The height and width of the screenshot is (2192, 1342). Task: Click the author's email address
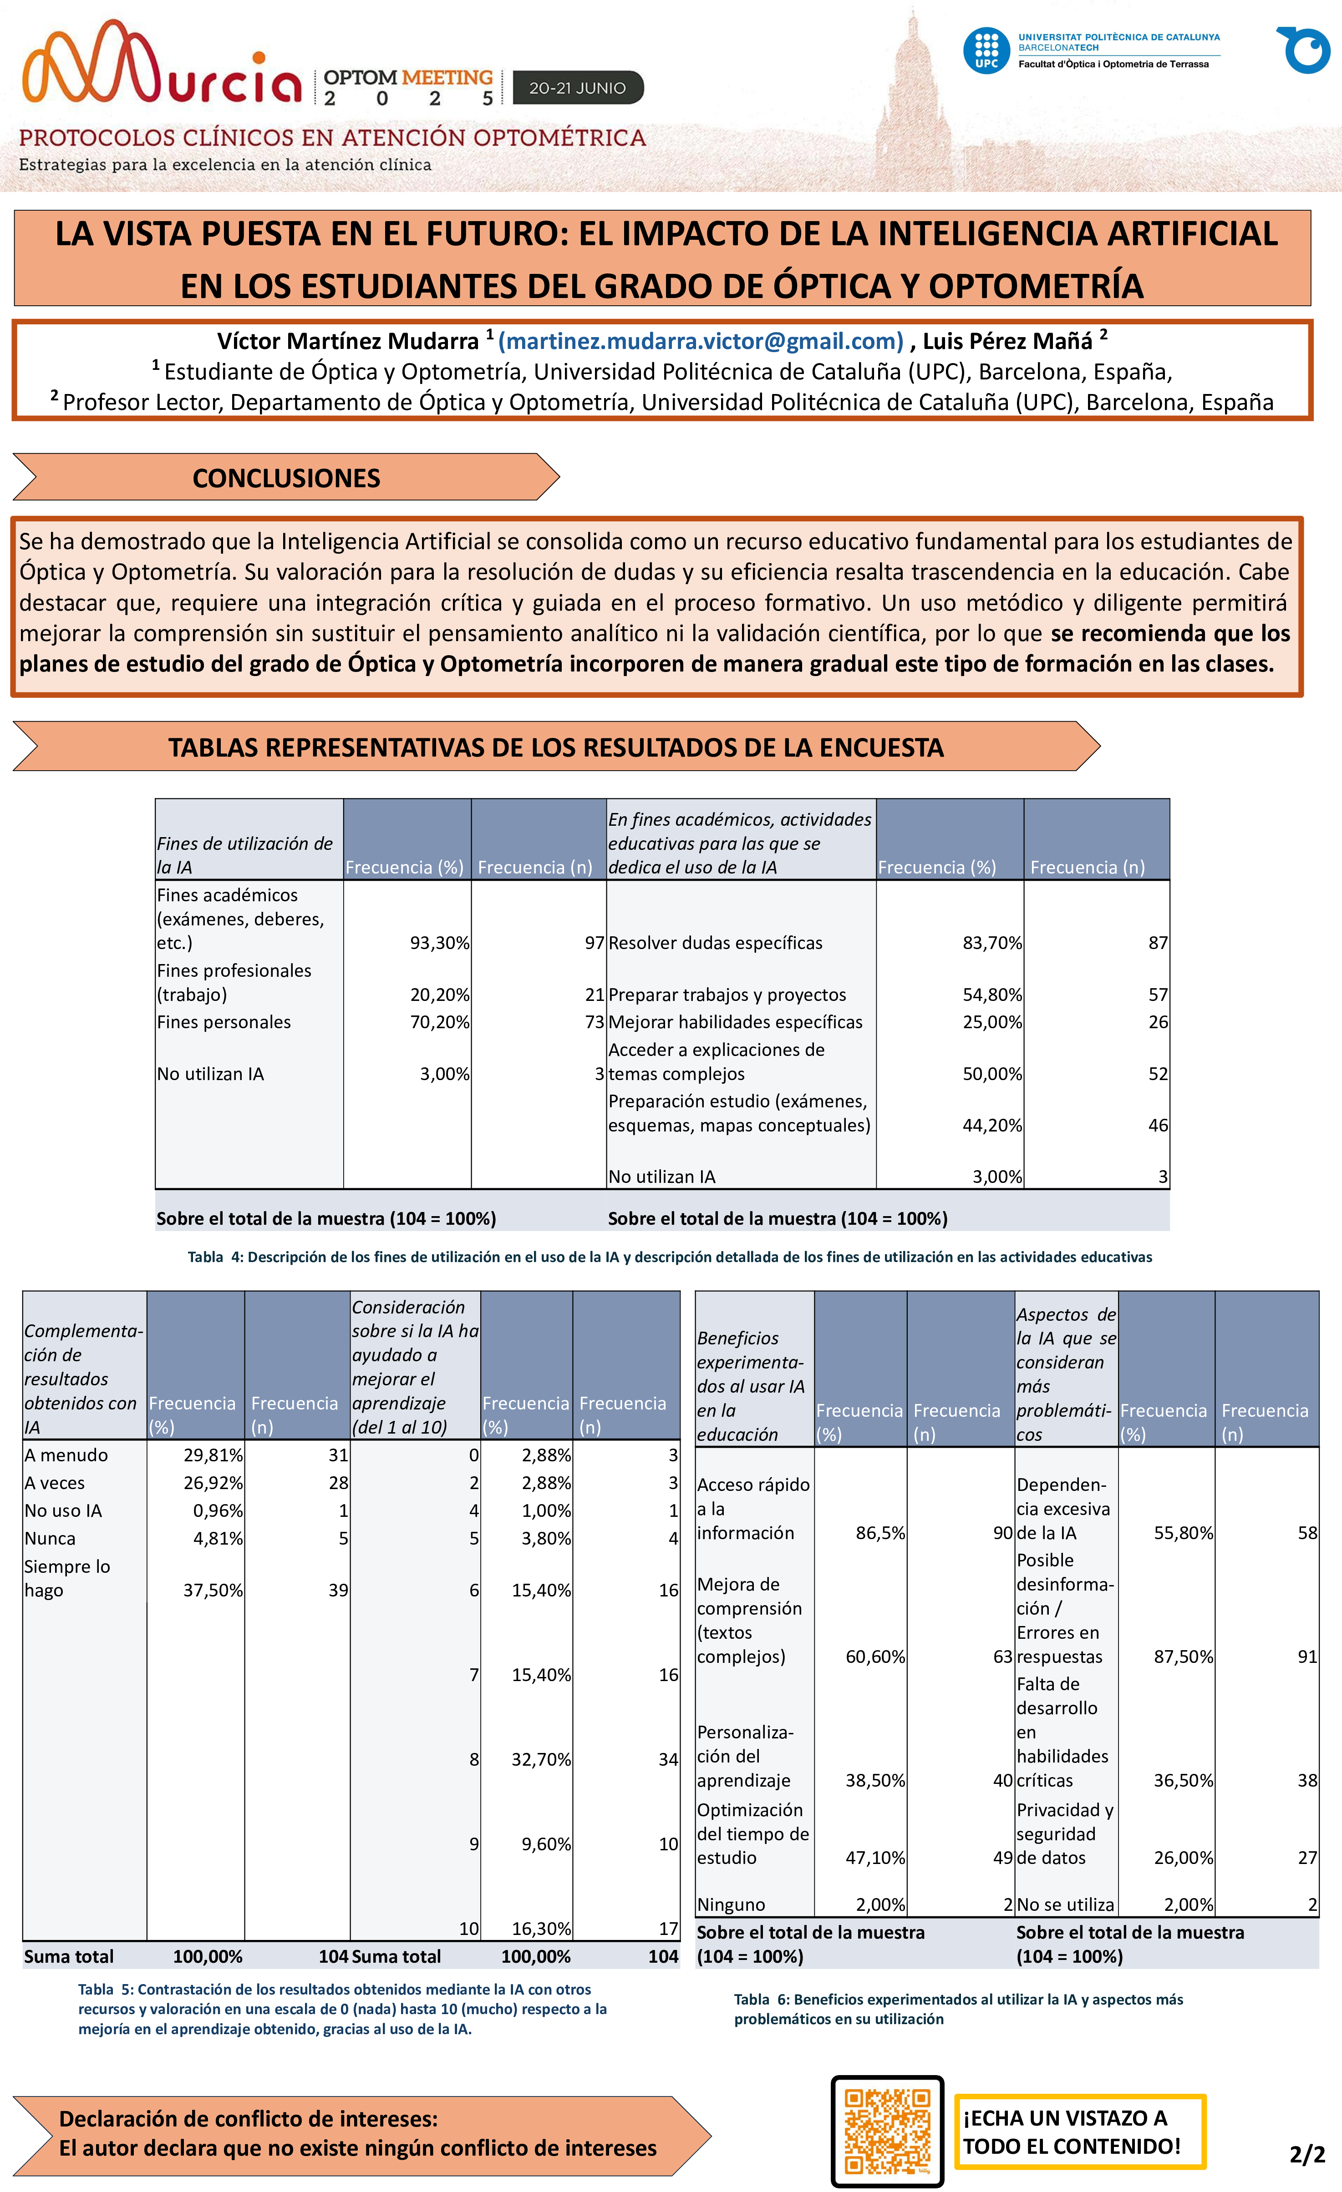(x=701, y=342)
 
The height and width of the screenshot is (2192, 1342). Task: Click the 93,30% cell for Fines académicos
(x=439, y=943)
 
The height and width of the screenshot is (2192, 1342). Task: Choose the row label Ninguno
(x=731, y=1904)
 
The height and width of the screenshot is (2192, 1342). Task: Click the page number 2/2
(x=1306, y=2154)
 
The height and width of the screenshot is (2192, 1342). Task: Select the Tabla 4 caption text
(x=669, y=1257)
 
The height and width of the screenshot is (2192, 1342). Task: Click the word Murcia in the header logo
(x=165, y=67)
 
